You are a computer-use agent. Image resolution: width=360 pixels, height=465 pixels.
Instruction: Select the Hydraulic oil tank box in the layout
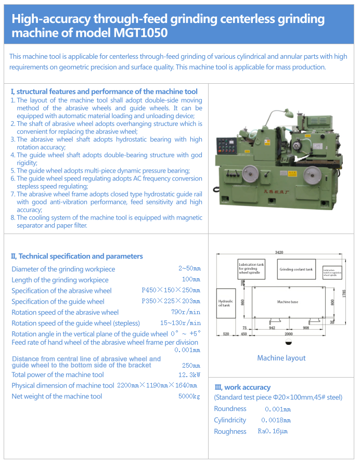(225, 303)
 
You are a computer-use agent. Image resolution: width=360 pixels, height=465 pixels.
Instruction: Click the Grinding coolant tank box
(296, 269)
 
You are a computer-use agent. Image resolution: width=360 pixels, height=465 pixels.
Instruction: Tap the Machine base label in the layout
(288, 302)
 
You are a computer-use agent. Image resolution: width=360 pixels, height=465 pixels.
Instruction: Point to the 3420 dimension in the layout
(279, 252)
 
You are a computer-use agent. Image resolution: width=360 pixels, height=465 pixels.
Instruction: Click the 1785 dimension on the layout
(343, 294)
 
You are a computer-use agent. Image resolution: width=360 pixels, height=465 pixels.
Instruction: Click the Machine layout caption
(281, 358)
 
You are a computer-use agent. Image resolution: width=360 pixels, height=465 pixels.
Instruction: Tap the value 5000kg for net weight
(189, 396)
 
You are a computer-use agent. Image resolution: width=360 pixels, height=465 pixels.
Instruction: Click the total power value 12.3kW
(189, 374)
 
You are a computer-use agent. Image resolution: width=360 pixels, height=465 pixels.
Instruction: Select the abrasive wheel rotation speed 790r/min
(186, 312)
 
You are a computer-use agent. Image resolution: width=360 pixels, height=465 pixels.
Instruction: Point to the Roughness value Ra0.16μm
(273, 431)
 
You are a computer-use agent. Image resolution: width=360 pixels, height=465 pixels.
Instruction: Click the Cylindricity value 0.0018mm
(276, 420)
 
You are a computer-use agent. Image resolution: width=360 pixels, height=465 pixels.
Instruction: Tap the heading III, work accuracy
(242, 387)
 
